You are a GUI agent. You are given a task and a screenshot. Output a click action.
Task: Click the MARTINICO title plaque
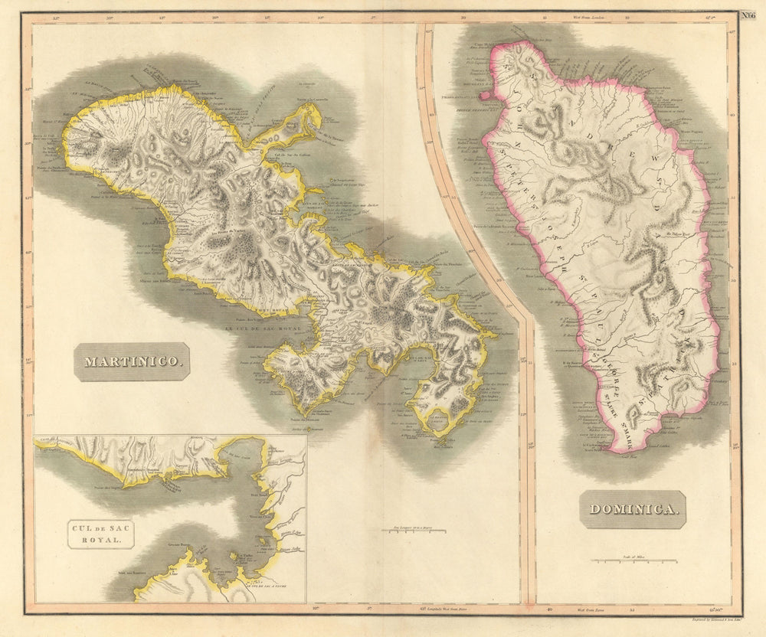click(132, 361)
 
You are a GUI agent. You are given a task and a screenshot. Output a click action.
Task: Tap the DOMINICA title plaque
click(632, 509)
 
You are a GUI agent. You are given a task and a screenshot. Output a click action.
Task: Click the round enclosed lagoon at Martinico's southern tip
click(438, 418)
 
